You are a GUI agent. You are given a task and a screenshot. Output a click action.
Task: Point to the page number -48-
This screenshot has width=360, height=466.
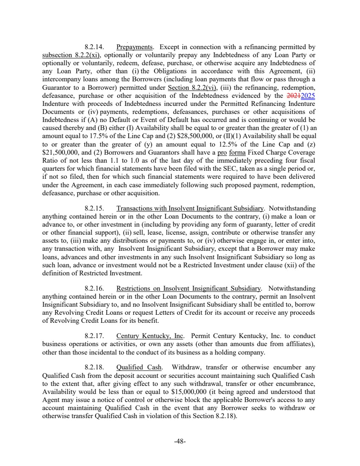[180, 441]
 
